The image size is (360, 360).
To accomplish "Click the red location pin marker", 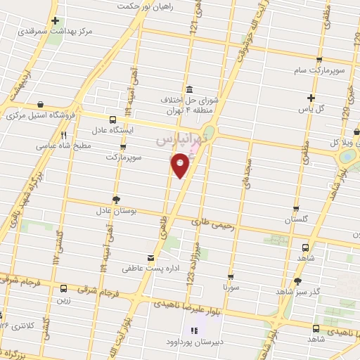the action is click(180, 165).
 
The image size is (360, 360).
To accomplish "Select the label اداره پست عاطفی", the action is click(146, 269).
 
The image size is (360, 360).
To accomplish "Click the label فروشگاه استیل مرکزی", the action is click(40, 116).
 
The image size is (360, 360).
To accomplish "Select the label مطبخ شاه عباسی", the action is click(41, 146).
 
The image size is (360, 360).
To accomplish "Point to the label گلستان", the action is click(297, 220).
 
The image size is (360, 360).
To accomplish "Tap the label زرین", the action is click(63, 300).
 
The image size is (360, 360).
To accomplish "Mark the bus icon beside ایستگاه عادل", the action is click(113, 120).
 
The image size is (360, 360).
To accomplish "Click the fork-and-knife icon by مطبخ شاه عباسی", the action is click(63, 135).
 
